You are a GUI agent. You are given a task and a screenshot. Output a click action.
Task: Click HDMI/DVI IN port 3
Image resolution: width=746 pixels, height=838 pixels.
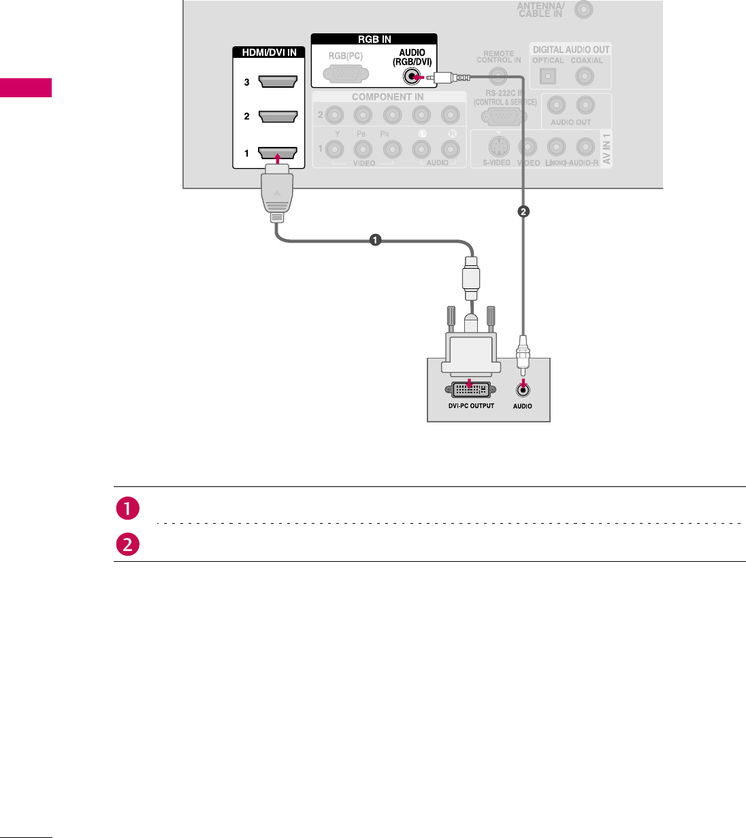(278, 82)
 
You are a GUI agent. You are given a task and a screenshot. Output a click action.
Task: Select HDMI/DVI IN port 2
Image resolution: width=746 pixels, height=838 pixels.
(278, 116)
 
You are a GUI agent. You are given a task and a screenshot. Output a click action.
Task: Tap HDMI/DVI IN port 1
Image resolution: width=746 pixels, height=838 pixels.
(278, 152)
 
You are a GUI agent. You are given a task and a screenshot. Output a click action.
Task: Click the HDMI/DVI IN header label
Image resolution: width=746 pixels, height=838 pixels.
(270, 52)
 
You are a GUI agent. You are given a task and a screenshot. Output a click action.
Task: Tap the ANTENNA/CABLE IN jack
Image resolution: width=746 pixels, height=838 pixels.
(583, 10)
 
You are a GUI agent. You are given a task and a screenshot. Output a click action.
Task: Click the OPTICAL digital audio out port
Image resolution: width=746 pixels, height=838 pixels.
(548, 76)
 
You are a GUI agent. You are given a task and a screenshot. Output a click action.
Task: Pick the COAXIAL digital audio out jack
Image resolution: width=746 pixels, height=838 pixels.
(585, 76)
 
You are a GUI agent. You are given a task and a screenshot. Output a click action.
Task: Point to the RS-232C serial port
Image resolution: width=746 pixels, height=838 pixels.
(504, 117)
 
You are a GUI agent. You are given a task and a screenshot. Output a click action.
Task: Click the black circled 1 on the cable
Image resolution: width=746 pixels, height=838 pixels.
(374, 239)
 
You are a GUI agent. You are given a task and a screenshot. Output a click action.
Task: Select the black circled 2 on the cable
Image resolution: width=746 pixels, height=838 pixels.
(523, 212)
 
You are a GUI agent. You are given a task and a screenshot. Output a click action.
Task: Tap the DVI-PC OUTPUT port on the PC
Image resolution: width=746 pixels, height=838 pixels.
(470, 390)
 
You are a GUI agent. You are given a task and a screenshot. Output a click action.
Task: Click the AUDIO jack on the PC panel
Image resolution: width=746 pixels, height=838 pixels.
(523, 390)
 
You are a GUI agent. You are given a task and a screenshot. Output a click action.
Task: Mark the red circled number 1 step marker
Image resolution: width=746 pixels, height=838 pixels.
(127, 509)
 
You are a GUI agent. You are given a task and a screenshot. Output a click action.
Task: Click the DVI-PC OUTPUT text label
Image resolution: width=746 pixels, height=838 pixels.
(471, 406)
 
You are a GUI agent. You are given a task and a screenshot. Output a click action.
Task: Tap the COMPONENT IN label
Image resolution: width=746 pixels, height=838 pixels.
(388, 97)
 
